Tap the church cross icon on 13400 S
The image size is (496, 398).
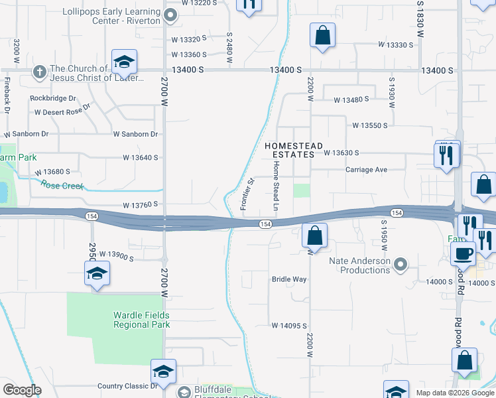(x=40, y=71)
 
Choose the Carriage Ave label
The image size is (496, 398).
(x=366, y=170)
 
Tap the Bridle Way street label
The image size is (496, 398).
(x=289, y=279)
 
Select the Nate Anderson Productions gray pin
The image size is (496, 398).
(x=400, y=265)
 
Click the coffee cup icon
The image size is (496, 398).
(x=462, y=253)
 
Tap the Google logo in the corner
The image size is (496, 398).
(x=22, y=390)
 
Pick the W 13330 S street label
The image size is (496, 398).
(x=396, y=45)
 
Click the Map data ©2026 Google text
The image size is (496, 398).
(x=456, y=393)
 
